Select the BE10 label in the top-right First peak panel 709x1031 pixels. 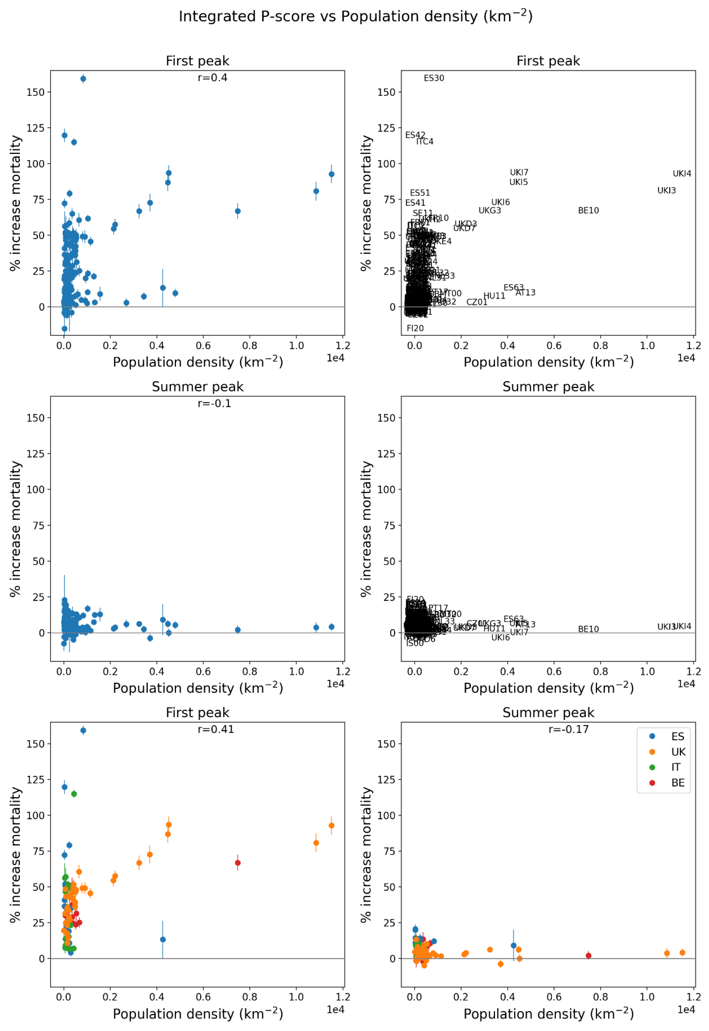tap(588, 211)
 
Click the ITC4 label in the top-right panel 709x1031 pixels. tap(425, 142)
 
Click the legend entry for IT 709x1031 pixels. tap(675, 767)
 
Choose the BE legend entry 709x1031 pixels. tap(677, 783)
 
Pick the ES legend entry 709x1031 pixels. tap(677, 737)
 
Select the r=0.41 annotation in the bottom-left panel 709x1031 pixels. tap(216, 730)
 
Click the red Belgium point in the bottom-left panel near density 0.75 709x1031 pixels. tap(238, 863)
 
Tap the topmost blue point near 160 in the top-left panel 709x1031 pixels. tap(83, 79)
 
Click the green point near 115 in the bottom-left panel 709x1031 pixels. tap(74, 794)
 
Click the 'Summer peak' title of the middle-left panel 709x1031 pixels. tap(198, 387)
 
